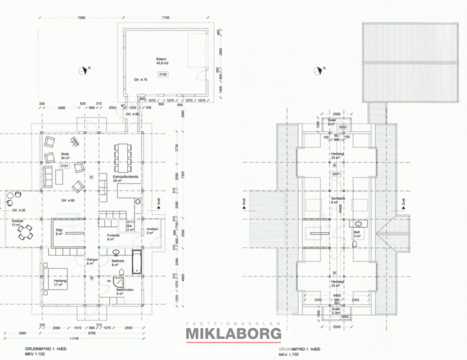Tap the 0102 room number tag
tap(163, 74)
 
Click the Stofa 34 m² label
tap(65, 156)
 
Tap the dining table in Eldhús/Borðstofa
tap(123, 155)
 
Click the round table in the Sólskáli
tap(24, 232)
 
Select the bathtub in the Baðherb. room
tap(136, 261)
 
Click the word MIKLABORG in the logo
tap(233, 334)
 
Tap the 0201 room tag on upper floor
tap(335, 173)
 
